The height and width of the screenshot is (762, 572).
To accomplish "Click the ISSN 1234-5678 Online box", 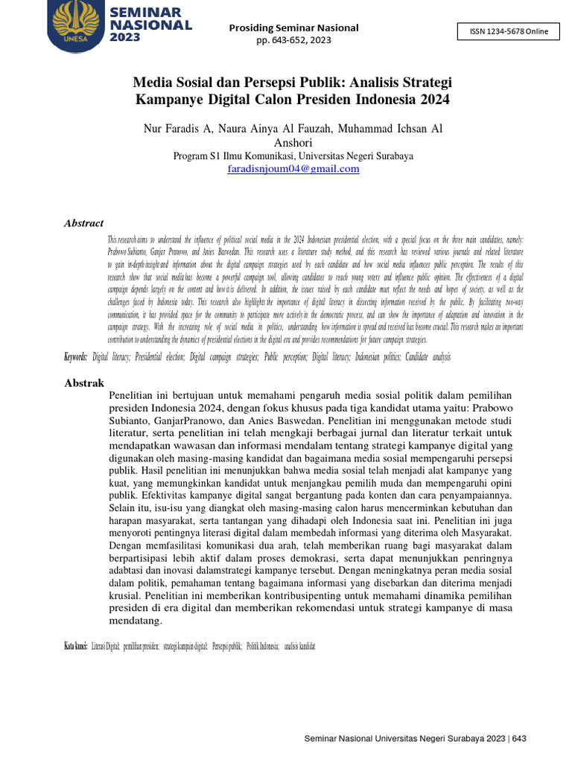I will pyautogui.click(x=508, y=31).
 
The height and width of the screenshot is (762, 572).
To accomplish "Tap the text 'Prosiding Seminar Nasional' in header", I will pyautogui.click(x=293, y=28).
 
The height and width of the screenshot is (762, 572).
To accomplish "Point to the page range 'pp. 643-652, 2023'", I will pyautogui.click(x=293, y=40).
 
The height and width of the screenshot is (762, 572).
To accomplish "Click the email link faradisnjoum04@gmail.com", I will pyautogui.click(x=293, y=169).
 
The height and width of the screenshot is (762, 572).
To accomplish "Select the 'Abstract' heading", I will pyautogui.click(x=83, y=223).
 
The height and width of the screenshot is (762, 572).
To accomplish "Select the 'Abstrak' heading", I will pyautogui.click(x=82, y=383).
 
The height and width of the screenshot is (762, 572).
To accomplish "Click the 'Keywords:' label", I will pyautogui.click(x=75, y=357).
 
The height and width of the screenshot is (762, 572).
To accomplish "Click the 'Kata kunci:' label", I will pyautogui.click(x=77, y=646).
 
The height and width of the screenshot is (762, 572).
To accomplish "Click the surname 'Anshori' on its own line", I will pyautogui.click(x=293, y=143).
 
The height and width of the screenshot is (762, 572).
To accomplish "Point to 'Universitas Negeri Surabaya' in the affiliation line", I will pyautogui.click(x=356, y=156).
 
